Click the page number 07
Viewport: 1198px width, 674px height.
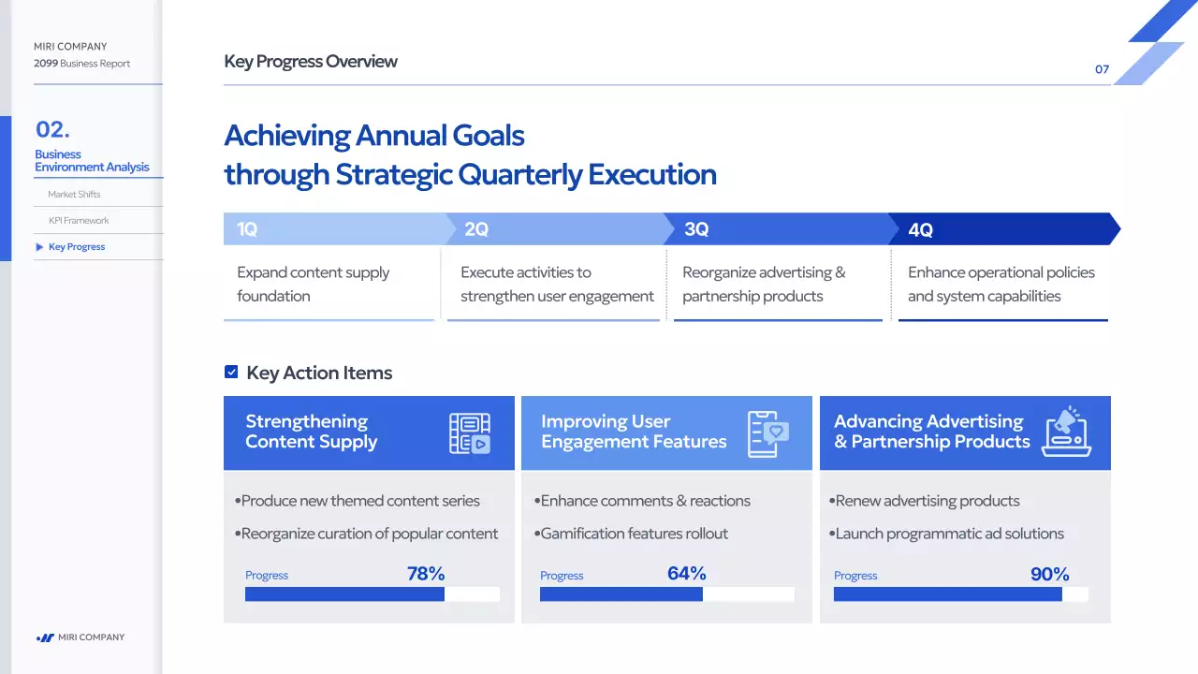click(x=1102, y=69)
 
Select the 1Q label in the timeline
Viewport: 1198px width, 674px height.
click(x=247, y=229)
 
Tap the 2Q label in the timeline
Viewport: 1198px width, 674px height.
click(x=476, y=229)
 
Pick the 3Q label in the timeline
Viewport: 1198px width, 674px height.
click(x=696, y=229)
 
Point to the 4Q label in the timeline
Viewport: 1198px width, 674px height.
click(x=920, y=230)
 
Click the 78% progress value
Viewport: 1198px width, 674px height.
click(x=426, y=574)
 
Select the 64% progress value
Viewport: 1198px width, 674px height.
click(x=687, y=574)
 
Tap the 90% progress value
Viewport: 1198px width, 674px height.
click(x=1049, y=575)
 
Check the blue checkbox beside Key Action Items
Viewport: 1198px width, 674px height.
click(x=231, y=373)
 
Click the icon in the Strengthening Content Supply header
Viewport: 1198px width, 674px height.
click(x=469, y=433)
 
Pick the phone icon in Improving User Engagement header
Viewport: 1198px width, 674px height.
click(x=768, y=433)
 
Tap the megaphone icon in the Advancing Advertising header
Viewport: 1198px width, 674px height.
click(x=1066, y=432)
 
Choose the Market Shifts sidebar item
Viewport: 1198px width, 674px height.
click(x=74, y=195)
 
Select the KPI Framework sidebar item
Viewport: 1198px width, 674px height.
click(x=79, y=221)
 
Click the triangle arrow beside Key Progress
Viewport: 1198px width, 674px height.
click(x=39, y=247)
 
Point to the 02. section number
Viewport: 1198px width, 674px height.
click(x=52, y=129)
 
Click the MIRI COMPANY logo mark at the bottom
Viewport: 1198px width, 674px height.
click(x=45, y=637)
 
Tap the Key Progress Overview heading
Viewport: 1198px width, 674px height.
click(x=311, y=62)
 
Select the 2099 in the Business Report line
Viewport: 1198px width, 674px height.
click(x=46, y=64)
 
